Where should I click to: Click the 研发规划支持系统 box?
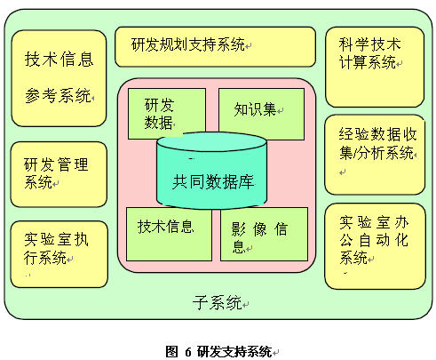coord(215,47)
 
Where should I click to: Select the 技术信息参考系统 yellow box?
coord(59,78)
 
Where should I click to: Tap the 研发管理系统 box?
coord(59,174)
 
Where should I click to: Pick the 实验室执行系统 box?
coord(59,254)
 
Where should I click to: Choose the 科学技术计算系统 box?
coord(375,67)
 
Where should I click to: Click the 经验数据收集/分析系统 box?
coord(375,155)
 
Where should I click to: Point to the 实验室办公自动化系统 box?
coord(375,246)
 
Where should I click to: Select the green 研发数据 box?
coord(167,114)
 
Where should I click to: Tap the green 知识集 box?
coord(261,114)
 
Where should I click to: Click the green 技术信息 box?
coord(169,234)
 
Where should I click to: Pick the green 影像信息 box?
coord(264,234)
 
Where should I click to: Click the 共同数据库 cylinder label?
coord(213,181)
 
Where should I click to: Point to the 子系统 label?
coord(217,302)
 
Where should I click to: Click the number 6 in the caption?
coord(188,352)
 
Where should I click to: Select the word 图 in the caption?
coord(171,352)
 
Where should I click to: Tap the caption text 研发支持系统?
coord(234,352)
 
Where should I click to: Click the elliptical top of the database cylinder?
coord(211,142)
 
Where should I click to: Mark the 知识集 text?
coord(255,109)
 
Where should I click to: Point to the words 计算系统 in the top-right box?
coord(368,62)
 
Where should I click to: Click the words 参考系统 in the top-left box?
coord(58,95)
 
